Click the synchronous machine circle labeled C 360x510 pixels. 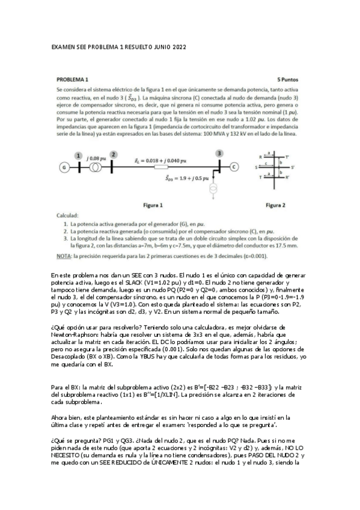(x=234, y=167)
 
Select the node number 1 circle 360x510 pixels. (x=78, y=155)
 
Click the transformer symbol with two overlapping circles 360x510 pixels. (x=94, y=167)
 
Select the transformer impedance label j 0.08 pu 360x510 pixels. (x=93, y=155)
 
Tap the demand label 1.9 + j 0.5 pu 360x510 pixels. (x=186, y=178)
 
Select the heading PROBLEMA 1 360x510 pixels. (x=73, y=79)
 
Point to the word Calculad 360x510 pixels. (x=68, y=215)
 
